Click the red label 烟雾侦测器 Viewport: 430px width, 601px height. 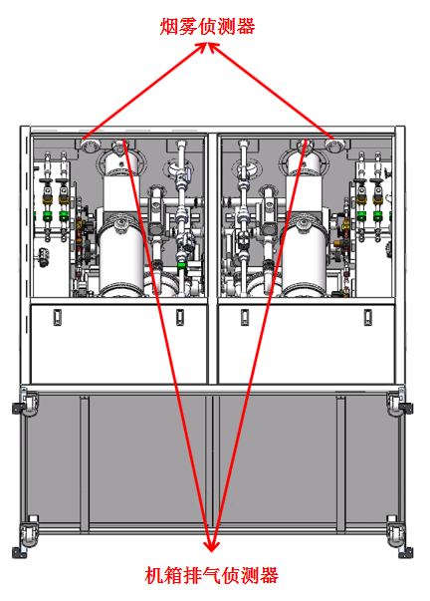coord(207,27)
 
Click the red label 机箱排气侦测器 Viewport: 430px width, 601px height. coord(212,575)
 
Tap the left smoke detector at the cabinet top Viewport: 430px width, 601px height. coord(90,146)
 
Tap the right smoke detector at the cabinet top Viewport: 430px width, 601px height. coord(334,146)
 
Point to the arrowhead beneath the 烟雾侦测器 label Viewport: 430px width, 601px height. coord(208,48)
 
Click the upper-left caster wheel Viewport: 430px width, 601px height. coord(26,403)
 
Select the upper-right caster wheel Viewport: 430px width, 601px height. coord(400,403)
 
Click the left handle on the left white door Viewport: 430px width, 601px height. coord(58,317)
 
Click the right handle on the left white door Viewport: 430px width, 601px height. coord(180,317)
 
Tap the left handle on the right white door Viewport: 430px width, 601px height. coord(245,317)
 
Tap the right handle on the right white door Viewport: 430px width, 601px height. coord(367,317)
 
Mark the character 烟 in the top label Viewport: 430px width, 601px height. coord(168,27)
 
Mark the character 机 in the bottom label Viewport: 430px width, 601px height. coord(154,575)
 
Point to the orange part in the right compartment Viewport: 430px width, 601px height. coord(337,243)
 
